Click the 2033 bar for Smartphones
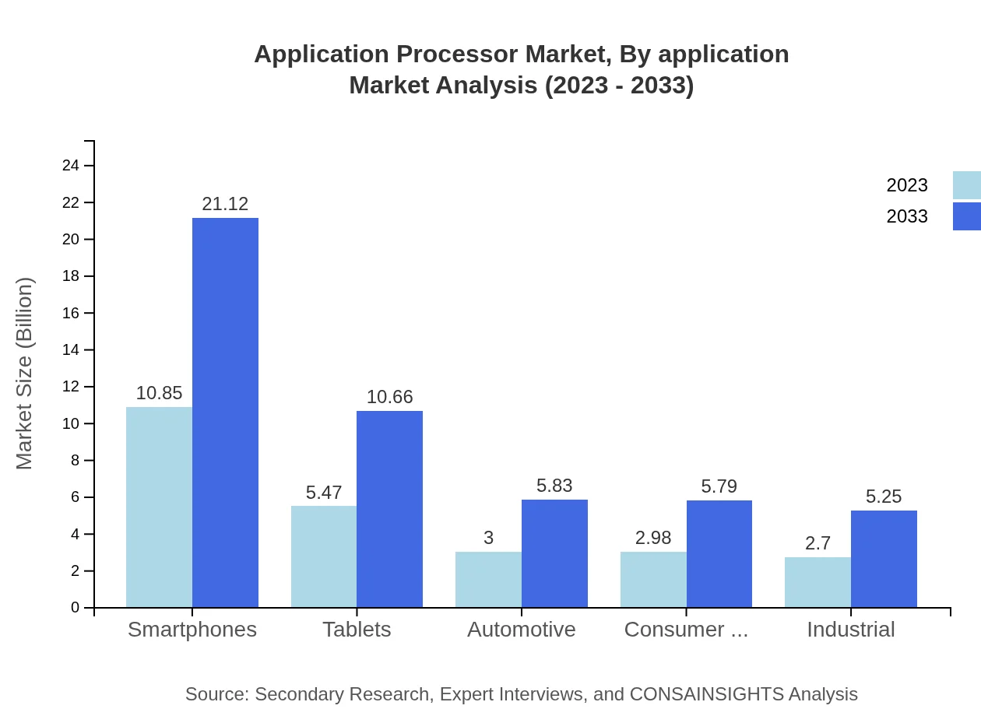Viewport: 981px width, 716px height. [225, 412]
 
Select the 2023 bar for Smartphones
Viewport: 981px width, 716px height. [159, 507]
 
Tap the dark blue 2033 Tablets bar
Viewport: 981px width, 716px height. [389, 509]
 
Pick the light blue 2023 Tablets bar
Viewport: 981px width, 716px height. [324, 556]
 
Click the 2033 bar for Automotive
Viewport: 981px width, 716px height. [554, 553]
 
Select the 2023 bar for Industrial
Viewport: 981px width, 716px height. [817, 582]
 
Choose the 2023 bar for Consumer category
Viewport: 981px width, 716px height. [653, 579]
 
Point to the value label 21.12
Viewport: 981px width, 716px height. [225, 204]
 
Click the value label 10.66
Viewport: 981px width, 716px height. [389, 397]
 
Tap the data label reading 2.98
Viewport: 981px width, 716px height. [653, 538]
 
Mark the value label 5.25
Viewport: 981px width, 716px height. [884, 497]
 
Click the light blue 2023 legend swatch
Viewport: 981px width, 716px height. [966, 185]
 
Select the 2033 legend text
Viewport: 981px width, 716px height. [907, 216]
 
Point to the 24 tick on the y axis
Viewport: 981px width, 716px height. [71, 166]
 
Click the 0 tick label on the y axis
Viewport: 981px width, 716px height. [76, 608]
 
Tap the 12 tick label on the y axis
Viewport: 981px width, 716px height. [71, 387]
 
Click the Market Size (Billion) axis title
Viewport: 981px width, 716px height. [25, 374]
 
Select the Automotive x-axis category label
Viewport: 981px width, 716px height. [522, 630]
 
